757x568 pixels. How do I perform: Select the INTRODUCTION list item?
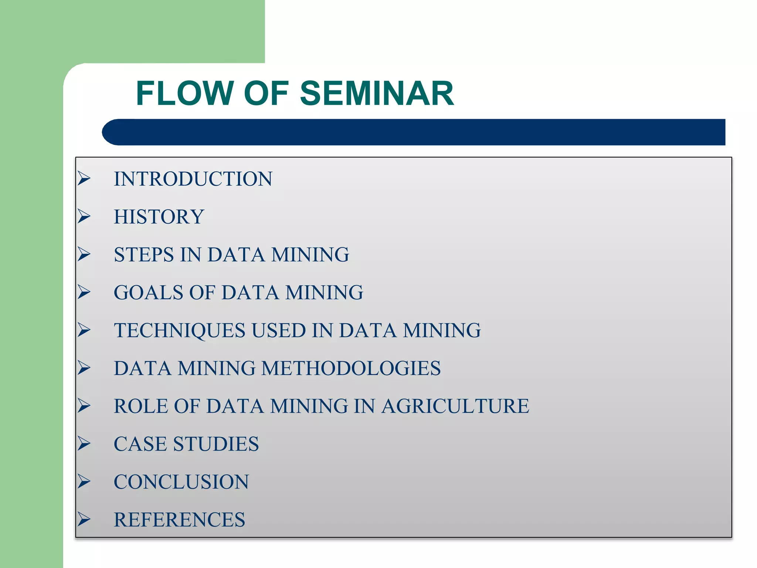point(193,179)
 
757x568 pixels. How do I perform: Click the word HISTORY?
point(159,217)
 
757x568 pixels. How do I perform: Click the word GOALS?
point(148,293)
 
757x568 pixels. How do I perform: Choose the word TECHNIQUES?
point(179,331)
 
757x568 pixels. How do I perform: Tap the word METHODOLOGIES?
point(351,369)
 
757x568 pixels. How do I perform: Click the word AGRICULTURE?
point(455,406)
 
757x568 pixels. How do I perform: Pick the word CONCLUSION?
point(181,482)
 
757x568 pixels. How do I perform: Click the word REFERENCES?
point(179,520)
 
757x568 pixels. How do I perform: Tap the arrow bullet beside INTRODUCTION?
point(84,179)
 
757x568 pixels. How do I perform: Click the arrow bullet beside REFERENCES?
point(84,520)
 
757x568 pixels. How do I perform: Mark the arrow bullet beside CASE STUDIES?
point(84,444)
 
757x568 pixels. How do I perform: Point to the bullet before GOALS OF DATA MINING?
point(84,293)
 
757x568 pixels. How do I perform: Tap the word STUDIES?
point(216,444)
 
